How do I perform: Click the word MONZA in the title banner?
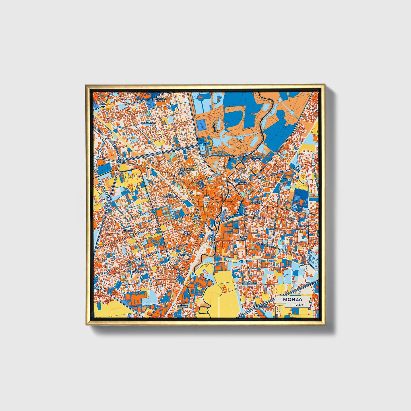292,300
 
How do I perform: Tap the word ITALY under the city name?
298,305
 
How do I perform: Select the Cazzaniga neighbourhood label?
148,123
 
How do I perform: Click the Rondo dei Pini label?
120,161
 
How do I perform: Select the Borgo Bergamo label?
257,202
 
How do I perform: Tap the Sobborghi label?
257,218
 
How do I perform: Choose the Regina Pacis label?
243,238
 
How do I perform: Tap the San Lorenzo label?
182,305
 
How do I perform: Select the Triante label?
128,230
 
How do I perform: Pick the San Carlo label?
187,233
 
